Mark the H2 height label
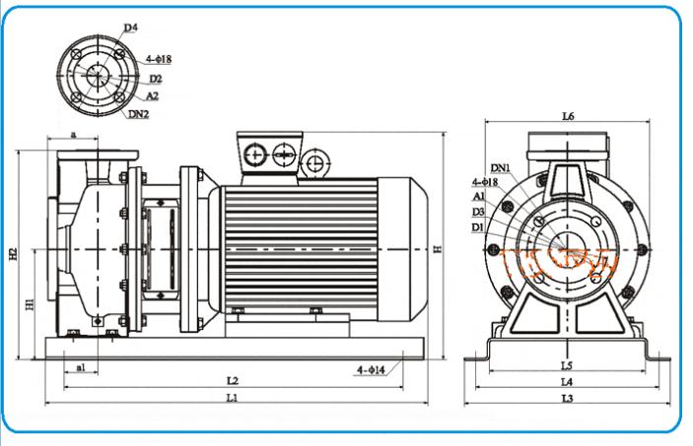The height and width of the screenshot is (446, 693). pyautogui.click(x=14, y=255)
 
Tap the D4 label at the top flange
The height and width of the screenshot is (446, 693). pyautogui.click(x=131, y=29)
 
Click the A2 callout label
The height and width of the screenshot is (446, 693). pyautogui.click(x=152, y=96)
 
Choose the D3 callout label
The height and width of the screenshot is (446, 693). pyautogui.click(x=478, y=212)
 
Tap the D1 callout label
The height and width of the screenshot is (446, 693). pyautogui.click(x=478, y=226)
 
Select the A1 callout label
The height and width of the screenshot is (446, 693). pyautogui.click(x=478, y=197)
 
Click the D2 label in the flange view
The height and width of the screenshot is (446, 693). pyautogui.click(x=155, y=78)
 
